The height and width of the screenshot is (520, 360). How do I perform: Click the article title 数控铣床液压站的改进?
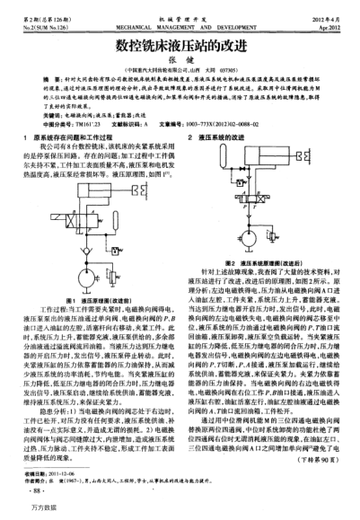point(179,43)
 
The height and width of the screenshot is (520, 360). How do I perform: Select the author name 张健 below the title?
point(179,60)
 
